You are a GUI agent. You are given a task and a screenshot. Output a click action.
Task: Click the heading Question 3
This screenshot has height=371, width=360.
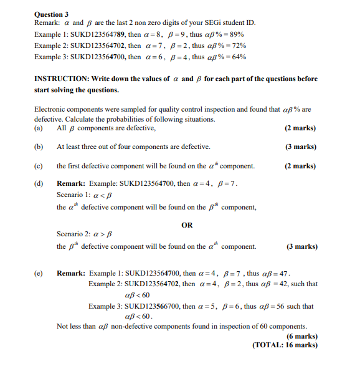[x=52, y=14]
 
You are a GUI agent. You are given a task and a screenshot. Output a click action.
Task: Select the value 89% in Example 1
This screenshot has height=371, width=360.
[x=235, y=36]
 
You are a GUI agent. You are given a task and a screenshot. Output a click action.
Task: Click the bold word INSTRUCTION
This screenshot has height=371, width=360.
[x=62, y=79]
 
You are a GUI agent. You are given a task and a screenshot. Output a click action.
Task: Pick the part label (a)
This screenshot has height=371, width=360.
[x=39, y=128]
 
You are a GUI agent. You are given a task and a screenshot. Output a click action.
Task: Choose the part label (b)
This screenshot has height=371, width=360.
[x=39, y=147]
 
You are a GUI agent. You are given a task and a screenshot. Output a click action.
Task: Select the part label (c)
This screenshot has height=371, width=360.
[x=39, y=166]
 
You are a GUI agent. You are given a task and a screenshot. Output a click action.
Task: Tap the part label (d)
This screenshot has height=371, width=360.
[x=39, y=184]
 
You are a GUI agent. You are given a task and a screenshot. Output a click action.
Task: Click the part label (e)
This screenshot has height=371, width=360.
[x=39, y=273]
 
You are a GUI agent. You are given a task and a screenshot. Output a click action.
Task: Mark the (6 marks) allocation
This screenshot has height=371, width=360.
[x=301, y=336]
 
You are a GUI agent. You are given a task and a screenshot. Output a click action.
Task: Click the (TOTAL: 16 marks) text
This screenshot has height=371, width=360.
[x=285, y=345]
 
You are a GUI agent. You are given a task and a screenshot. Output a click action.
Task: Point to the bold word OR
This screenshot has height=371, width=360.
[x=187, y=225]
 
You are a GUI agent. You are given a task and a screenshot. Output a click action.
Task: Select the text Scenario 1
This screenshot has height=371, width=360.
[x=73, y=195]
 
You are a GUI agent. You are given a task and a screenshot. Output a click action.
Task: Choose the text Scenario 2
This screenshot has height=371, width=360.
[x=73, y=234]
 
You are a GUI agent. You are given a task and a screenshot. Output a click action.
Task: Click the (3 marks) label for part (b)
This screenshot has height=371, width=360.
[x=301, y=147]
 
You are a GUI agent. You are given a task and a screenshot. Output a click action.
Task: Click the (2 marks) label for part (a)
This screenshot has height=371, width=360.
[x=301, y=128]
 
